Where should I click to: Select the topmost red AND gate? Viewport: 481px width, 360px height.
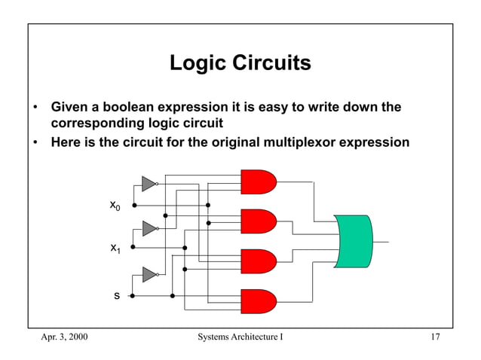tap(258, 182)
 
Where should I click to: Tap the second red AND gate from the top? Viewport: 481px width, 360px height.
tap(258, 221)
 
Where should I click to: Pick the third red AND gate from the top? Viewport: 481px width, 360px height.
tap(258, 261)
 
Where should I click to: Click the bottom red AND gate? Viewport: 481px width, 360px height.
tap(258, 301)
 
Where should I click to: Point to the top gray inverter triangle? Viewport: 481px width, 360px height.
tap(149, 184)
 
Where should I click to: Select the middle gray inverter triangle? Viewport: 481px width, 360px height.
tap(149, 228)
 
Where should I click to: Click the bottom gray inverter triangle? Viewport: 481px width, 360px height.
tap(149, 275)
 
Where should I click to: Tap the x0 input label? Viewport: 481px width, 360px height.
tap(115, 205)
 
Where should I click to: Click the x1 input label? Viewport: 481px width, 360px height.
tap(115, 248)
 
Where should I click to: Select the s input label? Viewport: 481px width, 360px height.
tap(116, 297)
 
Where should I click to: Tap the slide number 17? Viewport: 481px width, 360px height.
tap(434, 336)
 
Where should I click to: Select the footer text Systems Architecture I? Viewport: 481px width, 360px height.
tap(240, 336)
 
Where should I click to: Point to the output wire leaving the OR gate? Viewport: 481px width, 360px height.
tap(381, 242)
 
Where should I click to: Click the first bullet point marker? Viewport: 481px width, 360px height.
tap(35, 108)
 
